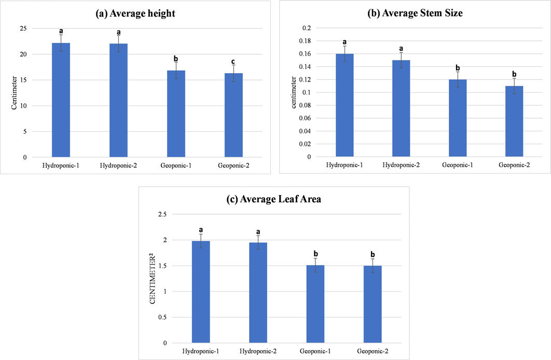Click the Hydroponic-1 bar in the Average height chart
(61, 100)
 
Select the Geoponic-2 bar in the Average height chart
(233, 115)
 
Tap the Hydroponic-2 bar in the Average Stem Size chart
(401, 108)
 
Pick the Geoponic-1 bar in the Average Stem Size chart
(458, 118)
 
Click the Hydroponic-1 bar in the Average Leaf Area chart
(201, 292)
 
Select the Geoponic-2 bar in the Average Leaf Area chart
(373, 304)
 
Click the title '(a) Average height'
(135, 13)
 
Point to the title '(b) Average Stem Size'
(415, 13)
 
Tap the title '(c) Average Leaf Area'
(274, 199)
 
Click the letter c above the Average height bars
(233, 62)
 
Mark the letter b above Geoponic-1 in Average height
(176, 58)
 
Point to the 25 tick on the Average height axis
(23, 29)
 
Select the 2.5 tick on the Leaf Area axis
(162, 214)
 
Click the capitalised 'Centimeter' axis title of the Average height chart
(14, 93)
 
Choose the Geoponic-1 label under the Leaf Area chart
(315, 351)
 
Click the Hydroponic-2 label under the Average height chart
(118, 165)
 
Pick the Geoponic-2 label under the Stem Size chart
(514, 165)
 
